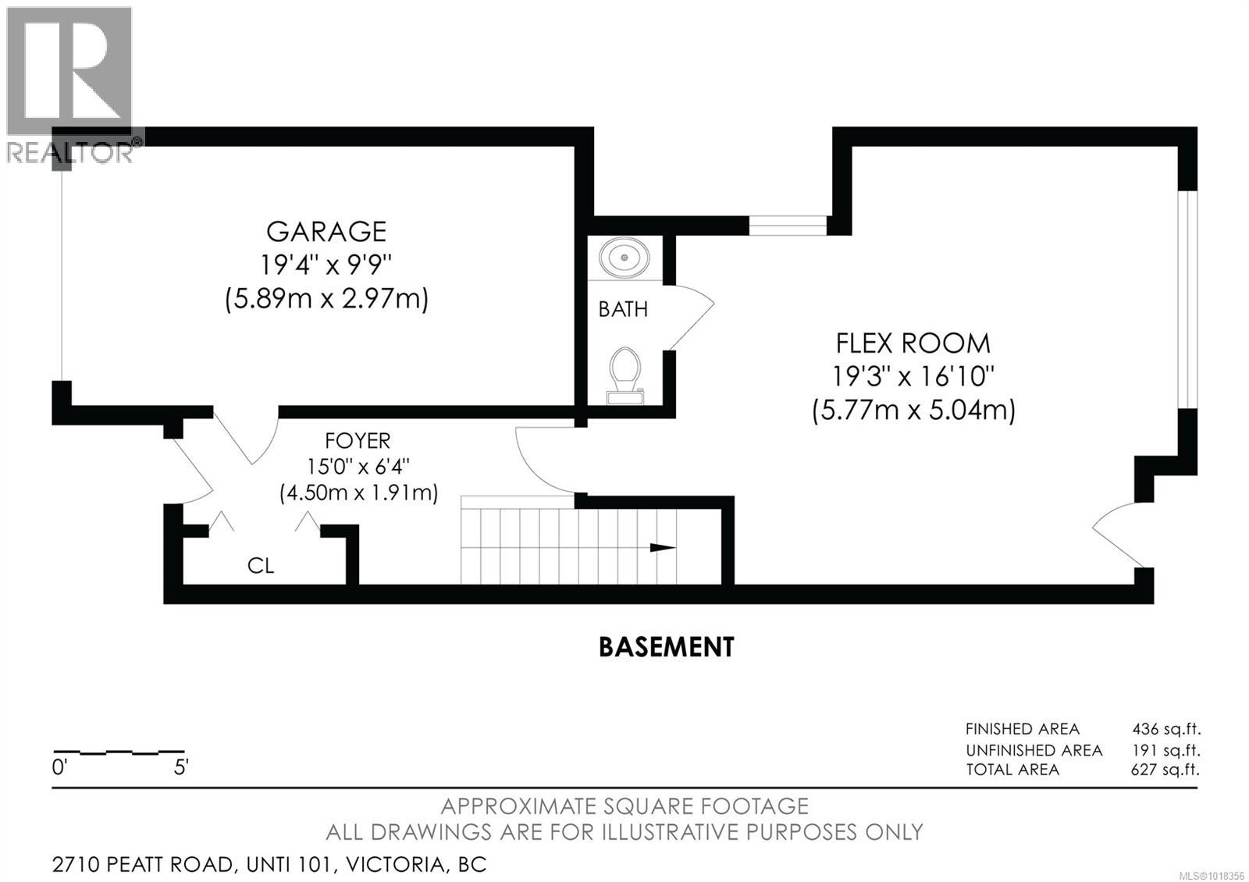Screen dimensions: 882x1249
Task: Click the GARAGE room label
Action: [326, 232]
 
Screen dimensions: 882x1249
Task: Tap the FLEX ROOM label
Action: [913, 343]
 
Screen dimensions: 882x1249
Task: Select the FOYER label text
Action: [358, 441]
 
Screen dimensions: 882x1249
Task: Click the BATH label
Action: [623, 310]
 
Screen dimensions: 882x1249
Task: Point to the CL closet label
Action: [261, 566]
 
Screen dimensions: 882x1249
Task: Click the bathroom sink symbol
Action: [624, 256]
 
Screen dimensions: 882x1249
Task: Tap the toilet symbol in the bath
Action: [624, 375]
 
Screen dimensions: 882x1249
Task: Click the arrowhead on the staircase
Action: [663, 548]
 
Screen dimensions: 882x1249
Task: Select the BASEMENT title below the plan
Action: [666, 647]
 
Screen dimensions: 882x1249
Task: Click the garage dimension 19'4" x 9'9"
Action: [326, 265]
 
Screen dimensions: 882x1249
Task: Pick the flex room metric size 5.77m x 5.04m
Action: [913, 411]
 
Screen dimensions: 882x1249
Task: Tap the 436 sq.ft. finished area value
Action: [1166, 730]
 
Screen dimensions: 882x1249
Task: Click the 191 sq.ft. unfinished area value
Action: [1166, 751]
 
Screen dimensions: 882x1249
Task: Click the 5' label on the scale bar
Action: [180, 768]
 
